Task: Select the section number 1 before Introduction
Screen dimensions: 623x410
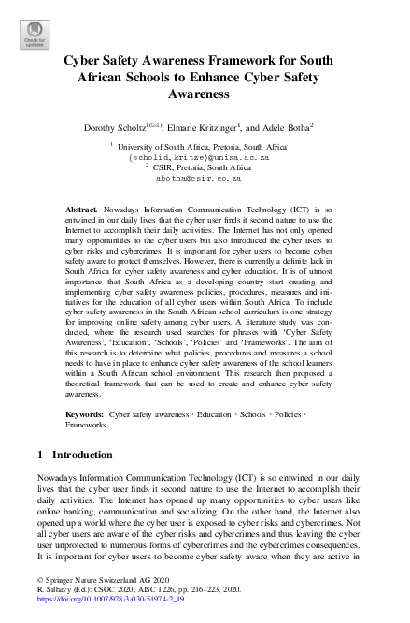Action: (40, 481)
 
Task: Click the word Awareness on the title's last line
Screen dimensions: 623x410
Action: (205, 94)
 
